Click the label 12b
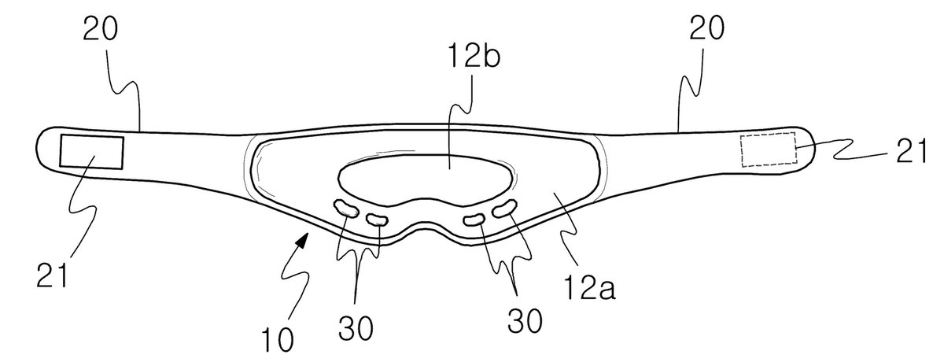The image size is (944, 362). tap(474, 56)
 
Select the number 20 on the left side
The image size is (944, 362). tap(100, 28)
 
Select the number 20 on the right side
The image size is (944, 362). tap(706, 28)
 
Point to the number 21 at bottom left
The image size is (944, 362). tap(52, 275)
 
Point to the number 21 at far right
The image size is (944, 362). tap(911, 151)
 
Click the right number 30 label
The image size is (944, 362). tap(524, 321)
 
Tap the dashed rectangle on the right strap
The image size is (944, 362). tap(769, 150)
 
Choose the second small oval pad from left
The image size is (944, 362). tap(377, 220)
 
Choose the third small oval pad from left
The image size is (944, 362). tap(474, 220)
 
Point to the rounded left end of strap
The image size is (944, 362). tap(38, 147)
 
